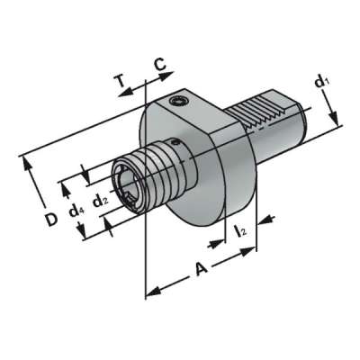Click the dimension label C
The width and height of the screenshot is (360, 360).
[x=159, y=64]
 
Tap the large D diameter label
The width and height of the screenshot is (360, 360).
[x=52, y=218]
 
